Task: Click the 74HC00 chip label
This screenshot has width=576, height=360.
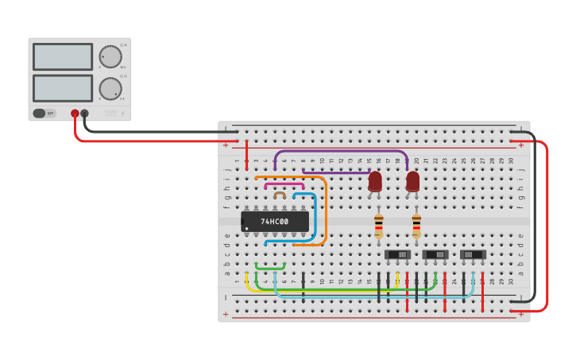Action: click(275, 221)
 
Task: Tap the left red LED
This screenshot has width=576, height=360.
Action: click(375, 183)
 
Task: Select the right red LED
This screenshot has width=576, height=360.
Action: click(412, 183)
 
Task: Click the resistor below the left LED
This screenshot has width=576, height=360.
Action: click(378, 225)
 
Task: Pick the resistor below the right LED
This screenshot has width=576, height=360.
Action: click(416, 225)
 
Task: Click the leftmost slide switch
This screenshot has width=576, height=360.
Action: click(397, 254)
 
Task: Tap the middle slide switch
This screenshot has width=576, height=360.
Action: click(435, 254)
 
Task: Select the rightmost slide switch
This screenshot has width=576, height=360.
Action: click(473, 254)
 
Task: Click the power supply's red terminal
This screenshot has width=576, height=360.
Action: click(75, 114)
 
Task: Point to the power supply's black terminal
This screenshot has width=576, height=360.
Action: click(85, 114)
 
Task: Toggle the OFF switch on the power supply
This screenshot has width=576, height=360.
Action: click(44, 114)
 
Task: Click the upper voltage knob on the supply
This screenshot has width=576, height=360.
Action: click(110, 56)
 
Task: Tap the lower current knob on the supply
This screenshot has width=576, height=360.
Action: click(110, 87)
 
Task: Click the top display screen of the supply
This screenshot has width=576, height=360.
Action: click(63, 56)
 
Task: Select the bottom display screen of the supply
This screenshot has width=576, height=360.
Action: click(63, 87)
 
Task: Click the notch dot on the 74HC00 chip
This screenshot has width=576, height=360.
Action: click(247, 229)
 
